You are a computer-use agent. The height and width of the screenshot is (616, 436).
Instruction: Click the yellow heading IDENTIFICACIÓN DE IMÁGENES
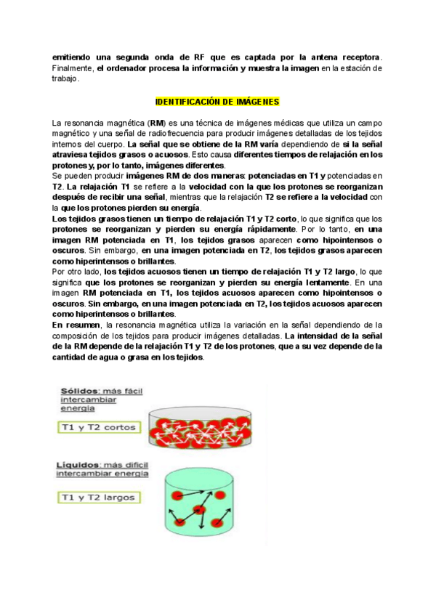tap(218, 102)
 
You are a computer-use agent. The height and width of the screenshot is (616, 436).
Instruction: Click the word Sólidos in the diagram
tap(75, 390)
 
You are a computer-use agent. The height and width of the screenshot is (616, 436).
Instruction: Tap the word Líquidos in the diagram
tap(78, 464)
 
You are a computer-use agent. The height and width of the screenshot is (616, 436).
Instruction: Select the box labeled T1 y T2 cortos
tap(97, 427)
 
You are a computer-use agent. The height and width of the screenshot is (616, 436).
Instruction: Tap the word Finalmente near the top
tap(73, 68)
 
